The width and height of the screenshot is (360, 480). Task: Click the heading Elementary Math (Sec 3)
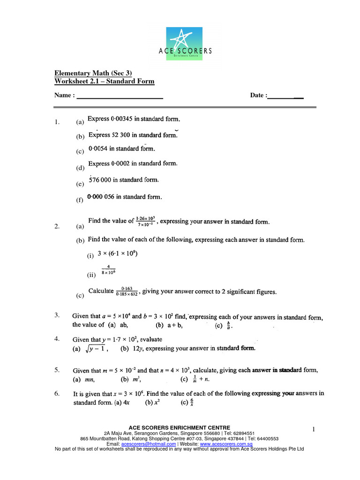click(93, 73)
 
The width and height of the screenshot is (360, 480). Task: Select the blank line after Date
click(285, 97)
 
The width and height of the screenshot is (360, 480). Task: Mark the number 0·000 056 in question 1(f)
click(101, 197)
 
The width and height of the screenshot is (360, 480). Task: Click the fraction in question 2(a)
click(146, 222)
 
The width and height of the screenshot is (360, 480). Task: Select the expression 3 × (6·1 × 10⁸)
click(117, 254)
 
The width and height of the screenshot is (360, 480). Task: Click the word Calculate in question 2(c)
click(101, 291)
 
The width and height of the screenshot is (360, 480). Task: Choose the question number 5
click(56, 370)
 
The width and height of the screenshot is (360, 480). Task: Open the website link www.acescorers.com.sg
click(226, 444)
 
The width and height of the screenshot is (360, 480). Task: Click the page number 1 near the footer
click(314, 429)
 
